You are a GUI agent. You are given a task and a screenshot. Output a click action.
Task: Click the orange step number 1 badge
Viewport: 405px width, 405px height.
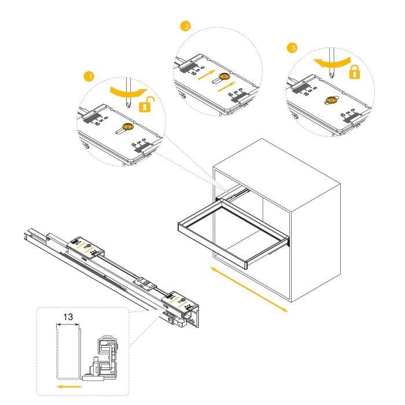point(88,76)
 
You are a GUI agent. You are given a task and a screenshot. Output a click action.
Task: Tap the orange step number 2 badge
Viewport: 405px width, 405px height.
point(185,27)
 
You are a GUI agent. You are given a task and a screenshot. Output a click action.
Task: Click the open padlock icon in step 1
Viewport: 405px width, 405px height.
point(149,105)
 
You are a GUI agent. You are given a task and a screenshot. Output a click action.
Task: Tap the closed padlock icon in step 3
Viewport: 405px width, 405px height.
point(354,72)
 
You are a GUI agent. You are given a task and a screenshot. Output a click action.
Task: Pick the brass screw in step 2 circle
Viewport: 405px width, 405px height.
point(224,76)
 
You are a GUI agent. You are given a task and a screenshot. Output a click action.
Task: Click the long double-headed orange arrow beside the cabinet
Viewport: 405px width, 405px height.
point(248,289)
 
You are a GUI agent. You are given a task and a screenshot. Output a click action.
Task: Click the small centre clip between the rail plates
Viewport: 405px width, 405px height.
point(145,283)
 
